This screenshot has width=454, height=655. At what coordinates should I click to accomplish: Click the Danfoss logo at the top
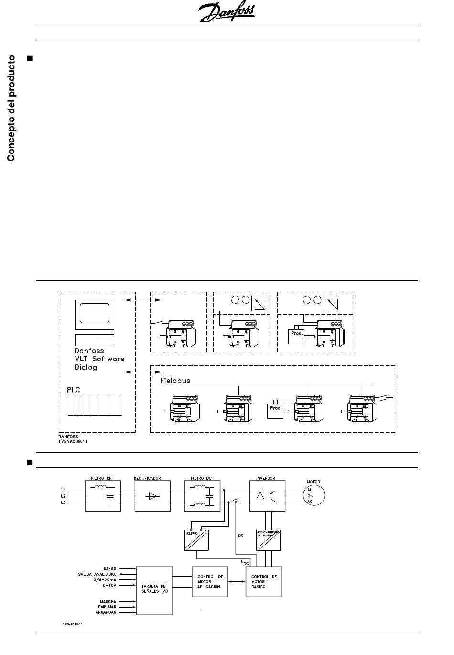point(227,13)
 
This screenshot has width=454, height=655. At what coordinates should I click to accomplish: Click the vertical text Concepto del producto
point(11,109)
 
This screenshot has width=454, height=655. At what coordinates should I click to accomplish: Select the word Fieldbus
point(175,381)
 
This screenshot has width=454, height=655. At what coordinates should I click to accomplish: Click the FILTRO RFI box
point(103,496)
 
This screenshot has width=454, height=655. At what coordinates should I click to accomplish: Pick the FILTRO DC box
point(203,496)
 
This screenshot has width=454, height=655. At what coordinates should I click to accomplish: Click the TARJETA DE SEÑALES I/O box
point(154,590)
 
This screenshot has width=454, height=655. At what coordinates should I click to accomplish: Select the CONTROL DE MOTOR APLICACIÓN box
point(210,581)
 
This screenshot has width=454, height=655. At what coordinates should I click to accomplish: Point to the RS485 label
point(109,568)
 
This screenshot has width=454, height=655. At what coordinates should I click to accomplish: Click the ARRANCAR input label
point(106,612)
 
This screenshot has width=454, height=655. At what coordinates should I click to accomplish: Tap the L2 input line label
point(63,496)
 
